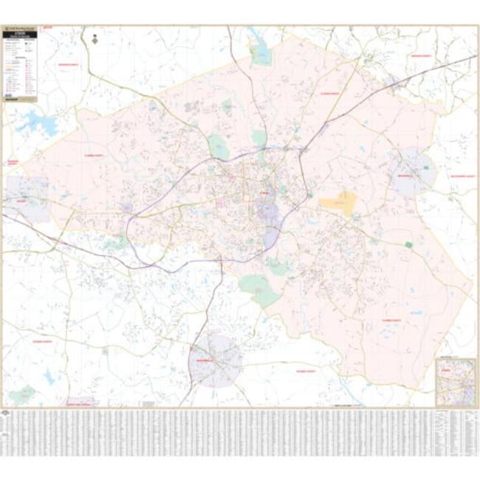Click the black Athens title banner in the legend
pyautogui.click(x=20, y=34)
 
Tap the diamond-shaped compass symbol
pyautogui.click(x=95, y=41)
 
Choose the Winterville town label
pyautogui.click(x=411, y=177)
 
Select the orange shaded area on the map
pyautogui.click(x=339, y=202)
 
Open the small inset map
pyautogui.click(x=454, y=383)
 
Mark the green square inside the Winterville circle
pyautogui.click(x=427, y=168)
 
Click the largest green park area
pyautogui.click(x=258, y=289)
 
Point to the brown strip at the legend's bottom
pyautogui.click(x=20, y=100)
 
